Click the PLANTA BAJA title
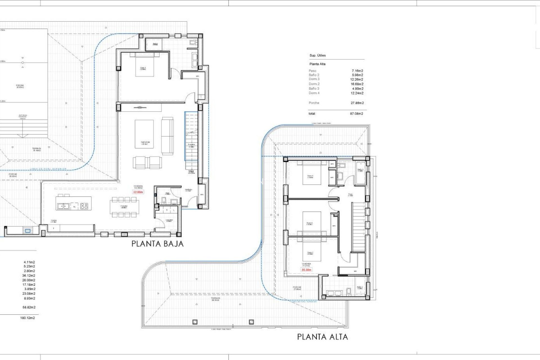157,244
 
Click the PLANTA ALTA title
322,337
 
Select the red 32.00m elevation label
138,192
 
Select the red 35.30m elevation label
306,270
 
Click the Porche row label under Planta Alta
314,103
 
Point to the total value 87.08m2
356,114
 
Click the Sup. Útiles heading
318,55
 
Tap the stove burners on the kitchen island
84,206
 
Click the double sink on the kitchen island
64,206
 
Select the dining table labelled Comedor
124,207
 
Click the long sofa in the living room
167,136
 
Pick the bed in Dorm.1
145,65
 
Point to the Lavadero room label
169,220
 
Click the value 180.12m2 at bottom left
28,318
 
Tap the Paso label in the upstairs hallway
350,195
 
